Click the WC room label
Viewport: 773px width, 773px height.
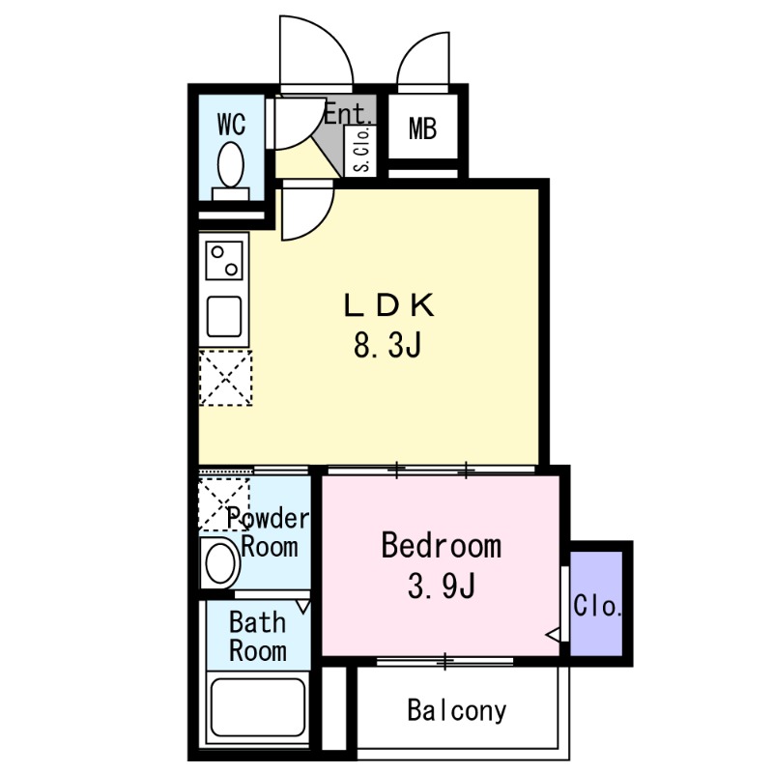pyautogui.click(x=231, y=125)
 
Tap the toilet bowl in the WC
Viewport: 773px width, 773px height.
pyautogui.click(x=231, y=165)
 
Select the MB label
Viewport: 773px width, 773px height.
pyautogui.click(x=422, y=128)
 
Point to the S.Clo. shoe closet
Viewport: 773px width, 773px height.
pyautogui.click(x=361, y=151)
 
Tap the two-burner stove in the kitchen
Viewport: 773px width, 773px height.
pyautogui.click(x=225, y=259)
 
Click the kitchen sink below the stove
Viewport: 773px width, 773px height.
pyautogui.click(x=225, y=315)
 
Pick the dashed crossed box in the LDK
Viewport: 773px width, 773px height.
pyautogui.click(x=225, y=378)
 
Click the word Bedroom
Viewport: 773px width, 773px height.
pyautogui.click(x=441, y=546)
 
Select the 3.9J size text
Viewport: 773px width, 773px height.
pyautogui.click(x=441, y=586)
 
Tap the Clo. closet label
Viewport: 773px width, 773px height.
pyautogui.click(x=597, y=607)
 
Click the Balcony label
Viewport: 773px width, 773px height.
pyautogui.click(x=456, y=712)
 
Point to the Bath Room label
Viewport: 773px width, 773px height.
pyautogui.click(x=257, y=636)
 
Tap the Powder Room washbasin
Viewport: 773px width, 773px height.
pyautogui.click(x=220, y=562)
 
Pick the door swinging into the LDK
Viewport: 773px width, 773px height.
pyautogui.click(x=306, y=213)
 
